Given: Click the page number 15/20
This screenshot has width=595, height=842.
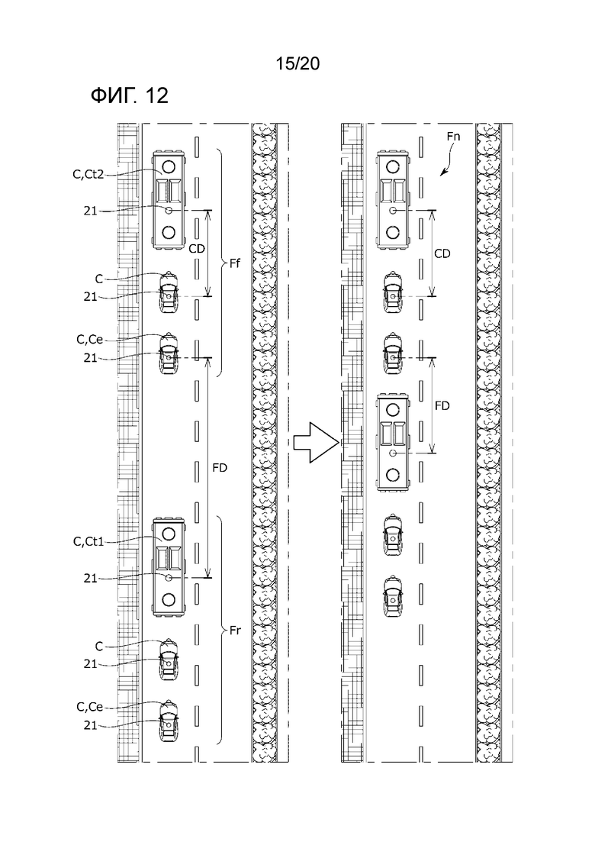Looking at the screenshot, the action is click(x=297, y=64).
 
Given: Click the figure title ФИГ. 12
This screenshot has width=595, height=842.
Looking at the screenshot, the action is click(x=130, y=95).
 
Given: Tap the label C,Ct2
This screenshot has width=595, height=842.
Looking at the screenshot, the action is click(x=88, y=174).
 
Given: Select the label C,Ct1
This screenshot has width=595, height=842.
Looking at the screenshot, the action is click(x=88, y=541).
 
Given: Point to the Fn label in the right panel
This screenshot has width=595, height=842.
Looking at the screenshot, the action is click(x=453, y=137).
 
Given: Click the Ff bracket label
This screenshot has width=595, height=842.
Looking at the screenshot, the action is click(x=234, y=263).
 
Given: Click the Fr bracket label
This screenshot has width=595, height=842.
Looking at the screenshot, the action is click(x=235, y=631).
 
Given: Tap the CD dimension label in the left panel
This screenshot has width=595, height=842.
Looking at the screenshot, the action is click(x=197, y=248).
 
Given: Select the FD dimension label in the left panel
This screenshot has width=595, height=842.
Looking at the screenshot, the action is click(x=220, y=468).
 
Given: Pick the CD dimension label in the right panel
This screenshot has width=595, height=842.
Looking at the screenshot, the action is click(x=442, y=253).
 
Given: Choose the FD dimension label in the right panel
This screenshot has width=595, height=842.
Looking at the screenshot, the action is click(x=442, y=406).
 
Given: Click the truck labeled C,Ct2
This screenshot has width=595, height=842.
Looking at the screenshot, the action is click(x=169, y=200).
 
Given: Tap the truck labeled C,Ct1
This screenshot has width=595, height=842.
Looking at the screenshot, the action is click(x=169, y=567).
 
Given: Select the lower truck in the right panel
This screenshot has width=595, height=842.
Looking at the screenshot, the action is click(x=394, y=441).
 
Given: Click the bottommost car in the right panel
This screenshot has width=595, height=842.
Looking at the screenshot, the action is click(x=393, y=596).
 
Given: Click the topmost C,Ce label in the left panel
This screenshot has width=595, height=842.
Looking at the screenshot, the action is click(x=89, y=340).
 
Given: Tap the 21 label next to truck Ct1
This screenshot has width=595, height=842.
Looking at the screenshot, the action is click(x=90, y=579).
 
